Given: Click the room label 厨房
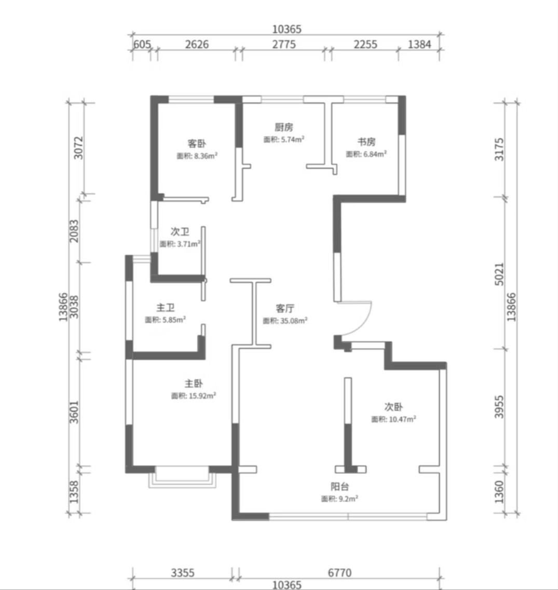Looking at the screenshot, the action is click(283, 127).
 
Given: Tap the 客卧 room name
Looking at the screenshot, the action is click(197, 144).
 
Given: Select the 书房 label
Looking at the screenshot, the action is click(366, 142).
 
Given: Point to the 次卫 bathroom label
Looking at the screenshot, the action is click(180, 232).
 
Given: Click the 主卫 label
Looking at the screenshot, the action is click(165, 308).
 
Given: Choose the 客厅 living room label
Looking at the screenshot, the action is click(284, 309).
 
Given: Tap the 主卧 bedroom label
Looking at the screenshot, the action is click(194, 384).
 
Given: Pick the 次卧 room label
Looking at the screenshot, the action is click(393, 407).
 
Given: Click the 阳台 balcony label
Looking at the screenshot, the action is click(339, 487).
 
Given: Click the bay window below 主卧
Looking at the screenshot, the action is click(182, 478).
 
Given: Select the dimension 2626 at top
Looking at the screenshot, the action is click(197, 45).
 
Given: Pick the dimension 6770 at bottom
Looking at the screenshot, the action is click(339, 573).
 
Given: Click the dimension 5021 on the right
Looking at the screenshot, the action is click(498, 274).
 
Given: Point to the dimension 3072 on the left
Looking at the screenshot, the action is click(78, 147).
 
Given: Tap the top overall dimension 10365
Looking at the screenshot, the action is click(287, 29).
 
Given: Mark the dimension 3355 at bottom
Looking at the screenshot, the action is click(183, 573).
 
